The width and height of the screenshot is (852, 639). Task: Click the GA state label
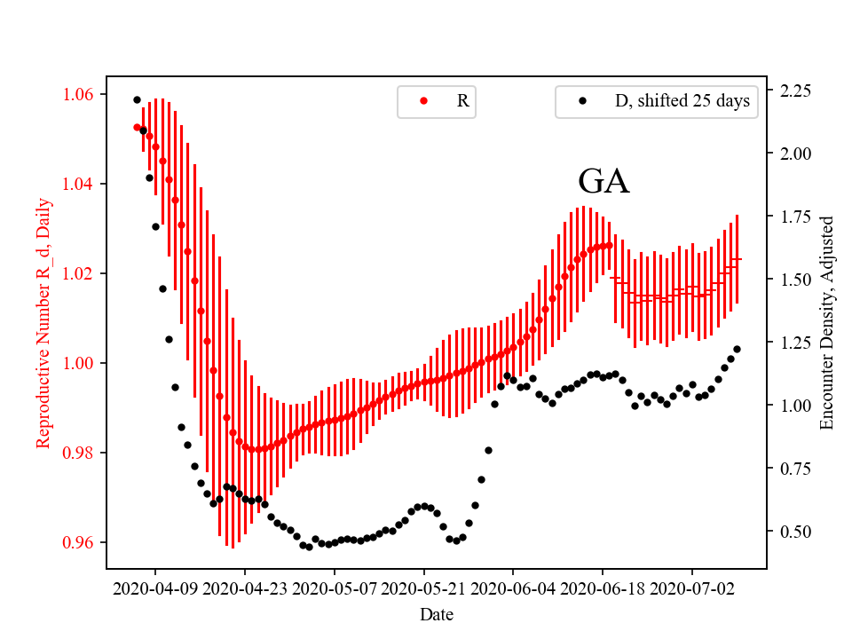603,182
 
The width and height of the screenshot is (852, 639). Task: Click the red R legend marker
423,101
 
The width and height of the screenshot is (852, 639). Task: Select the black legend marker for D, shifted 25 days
581,101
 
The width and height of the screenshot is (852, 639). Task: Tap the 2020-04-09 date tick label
156,588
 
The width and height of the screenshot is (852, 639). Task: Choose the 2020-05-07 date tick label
335,588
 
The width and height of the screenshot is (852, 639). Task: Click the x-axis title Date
437,614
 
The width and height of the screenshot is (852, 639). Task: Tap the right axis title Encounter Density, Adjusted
827,323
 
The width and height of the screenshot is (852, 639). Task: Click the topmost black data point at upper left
137,99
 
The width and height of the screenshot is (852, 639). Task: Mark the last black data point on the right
737,349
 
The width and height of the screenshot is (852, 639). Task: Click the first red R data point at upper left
137,127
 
